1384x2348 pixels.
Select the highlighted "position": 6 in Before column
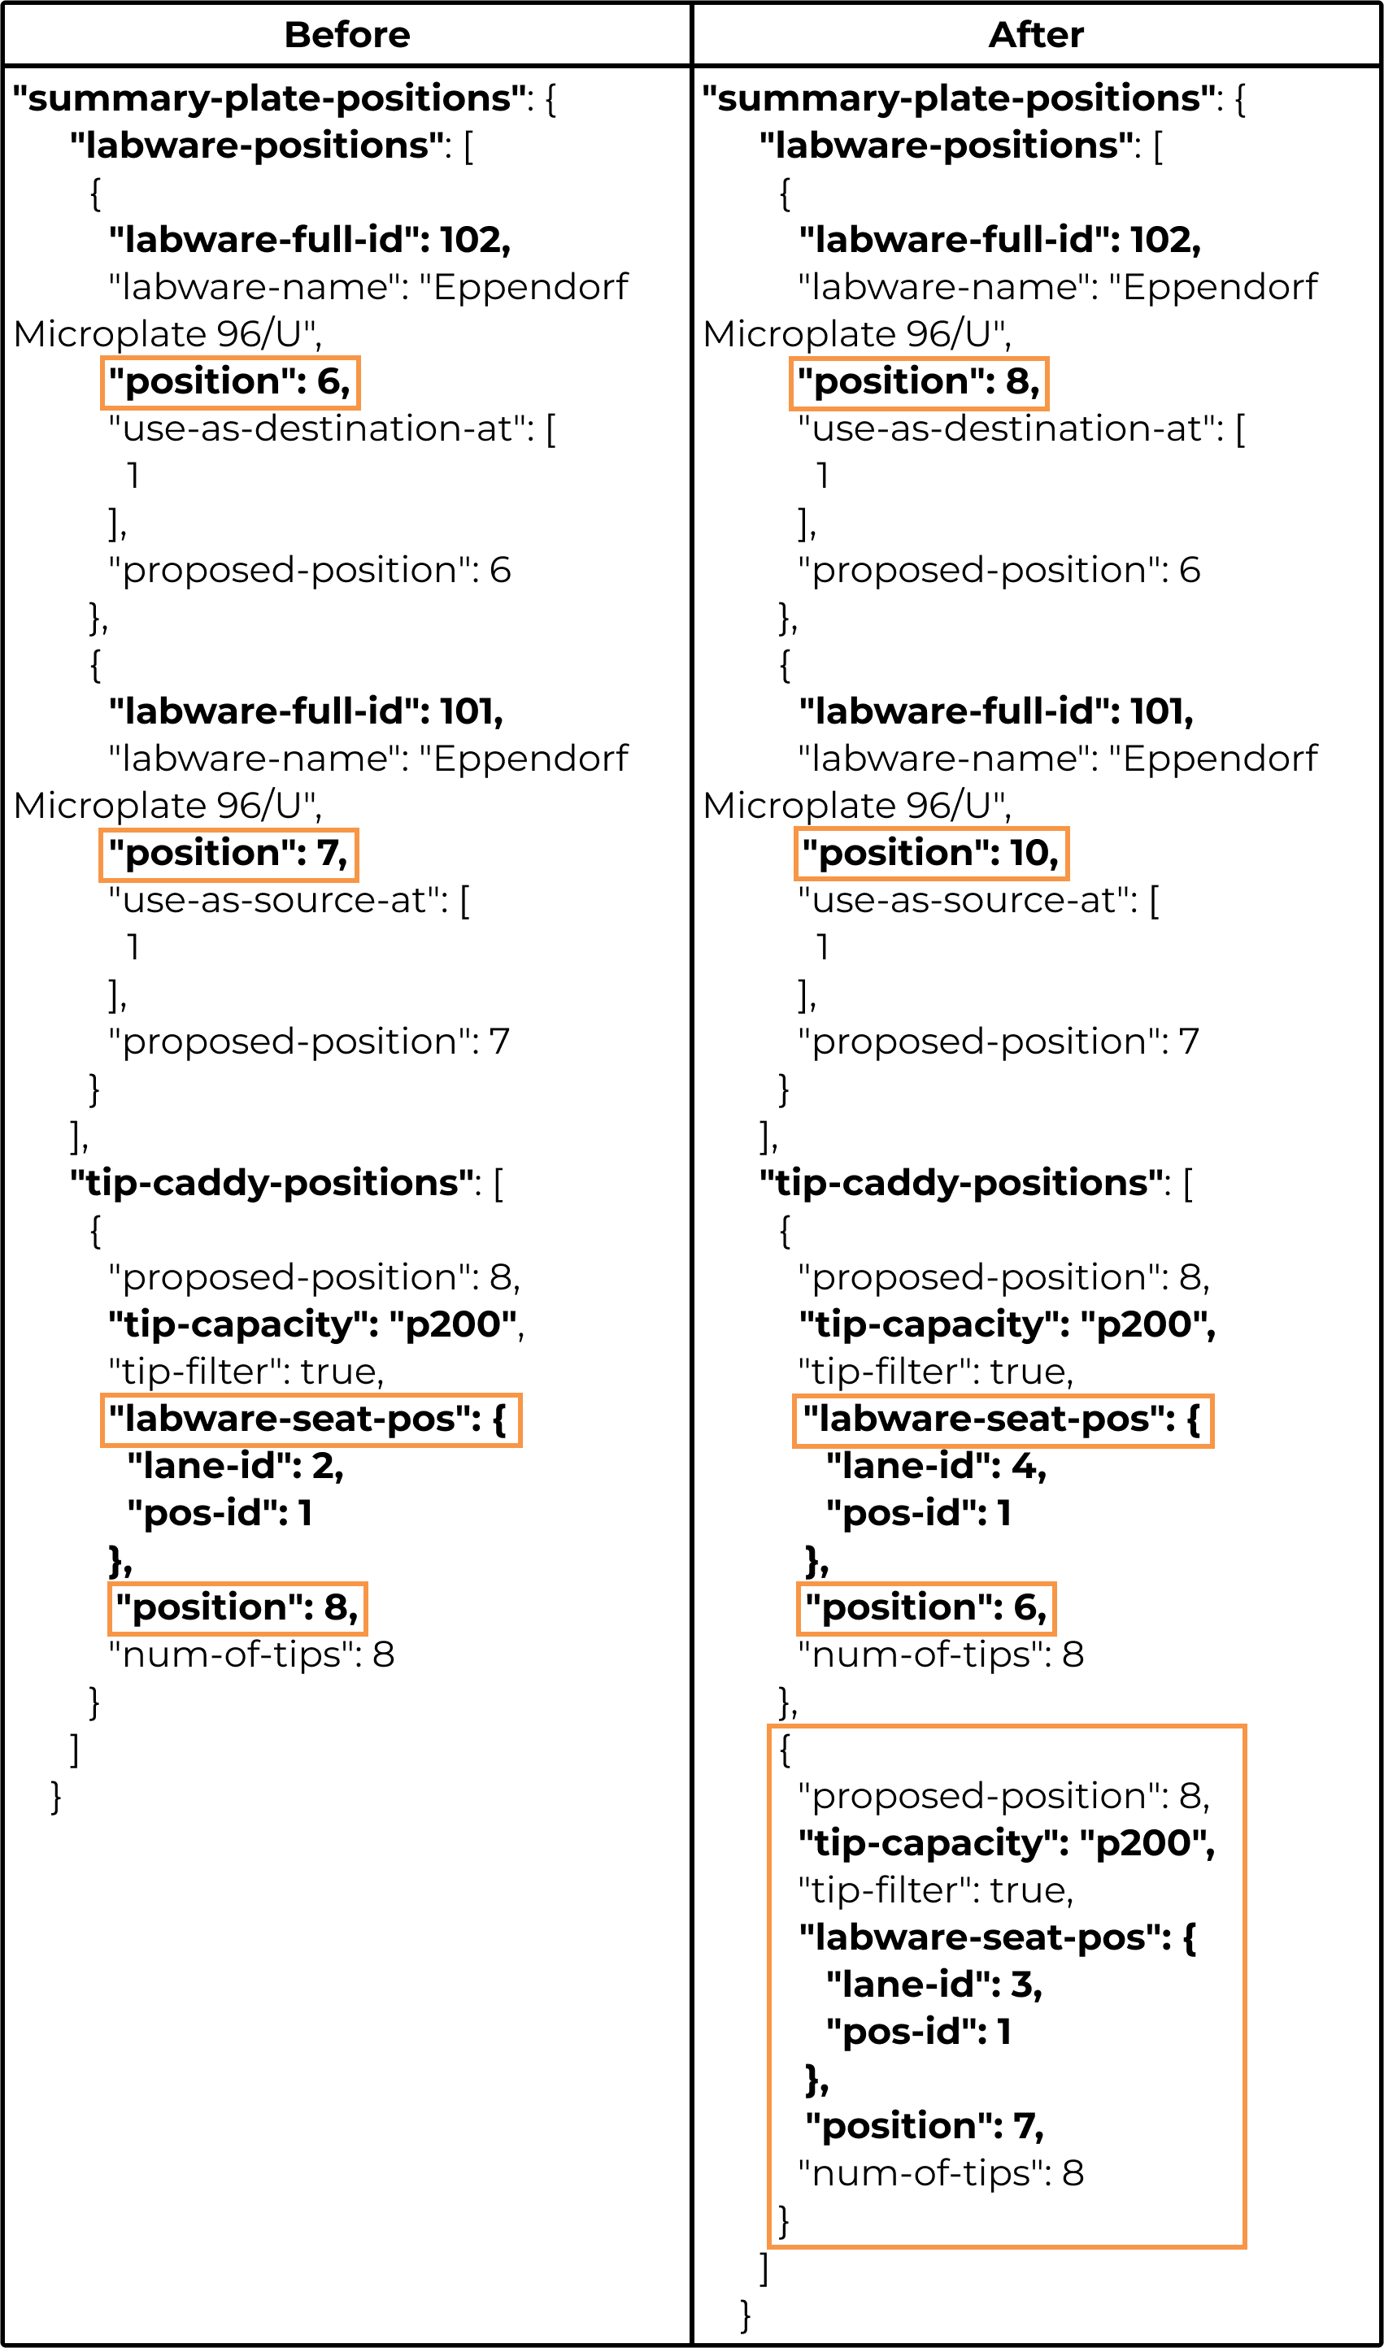(x=229, y=382)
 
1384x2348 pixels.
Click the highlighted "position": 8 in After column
(x=919, y=382)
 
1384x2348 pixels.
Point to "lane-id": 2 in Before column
(x=236, y=1467)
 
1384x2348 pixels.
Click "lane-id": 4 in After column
(x=936, y=1467)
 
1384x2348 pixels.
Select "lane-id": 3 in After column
(x=934, y=1985)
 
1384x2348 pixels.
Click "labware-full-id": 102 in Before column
(x=310, y=241)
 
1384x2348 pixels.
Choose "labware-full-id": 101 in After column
(x=996, y=712)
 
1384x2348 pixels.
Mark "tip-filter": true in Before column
(x=246, y=1372)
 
